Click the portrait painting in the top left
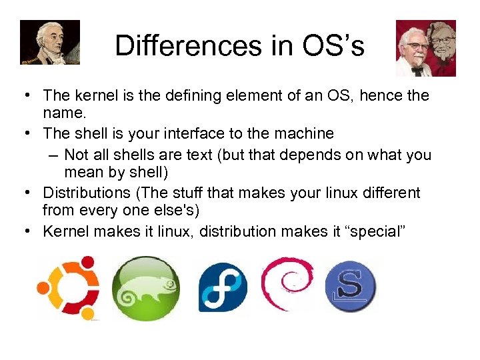pyautogui.click(x=49, y=41)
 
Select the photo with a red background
pyautogui.click(x=426, y=47)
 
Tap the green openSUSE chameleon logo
pyautogui.click(x=145, y=289)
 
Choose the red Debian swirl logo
pyautogui.click(x=287, y=284)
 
